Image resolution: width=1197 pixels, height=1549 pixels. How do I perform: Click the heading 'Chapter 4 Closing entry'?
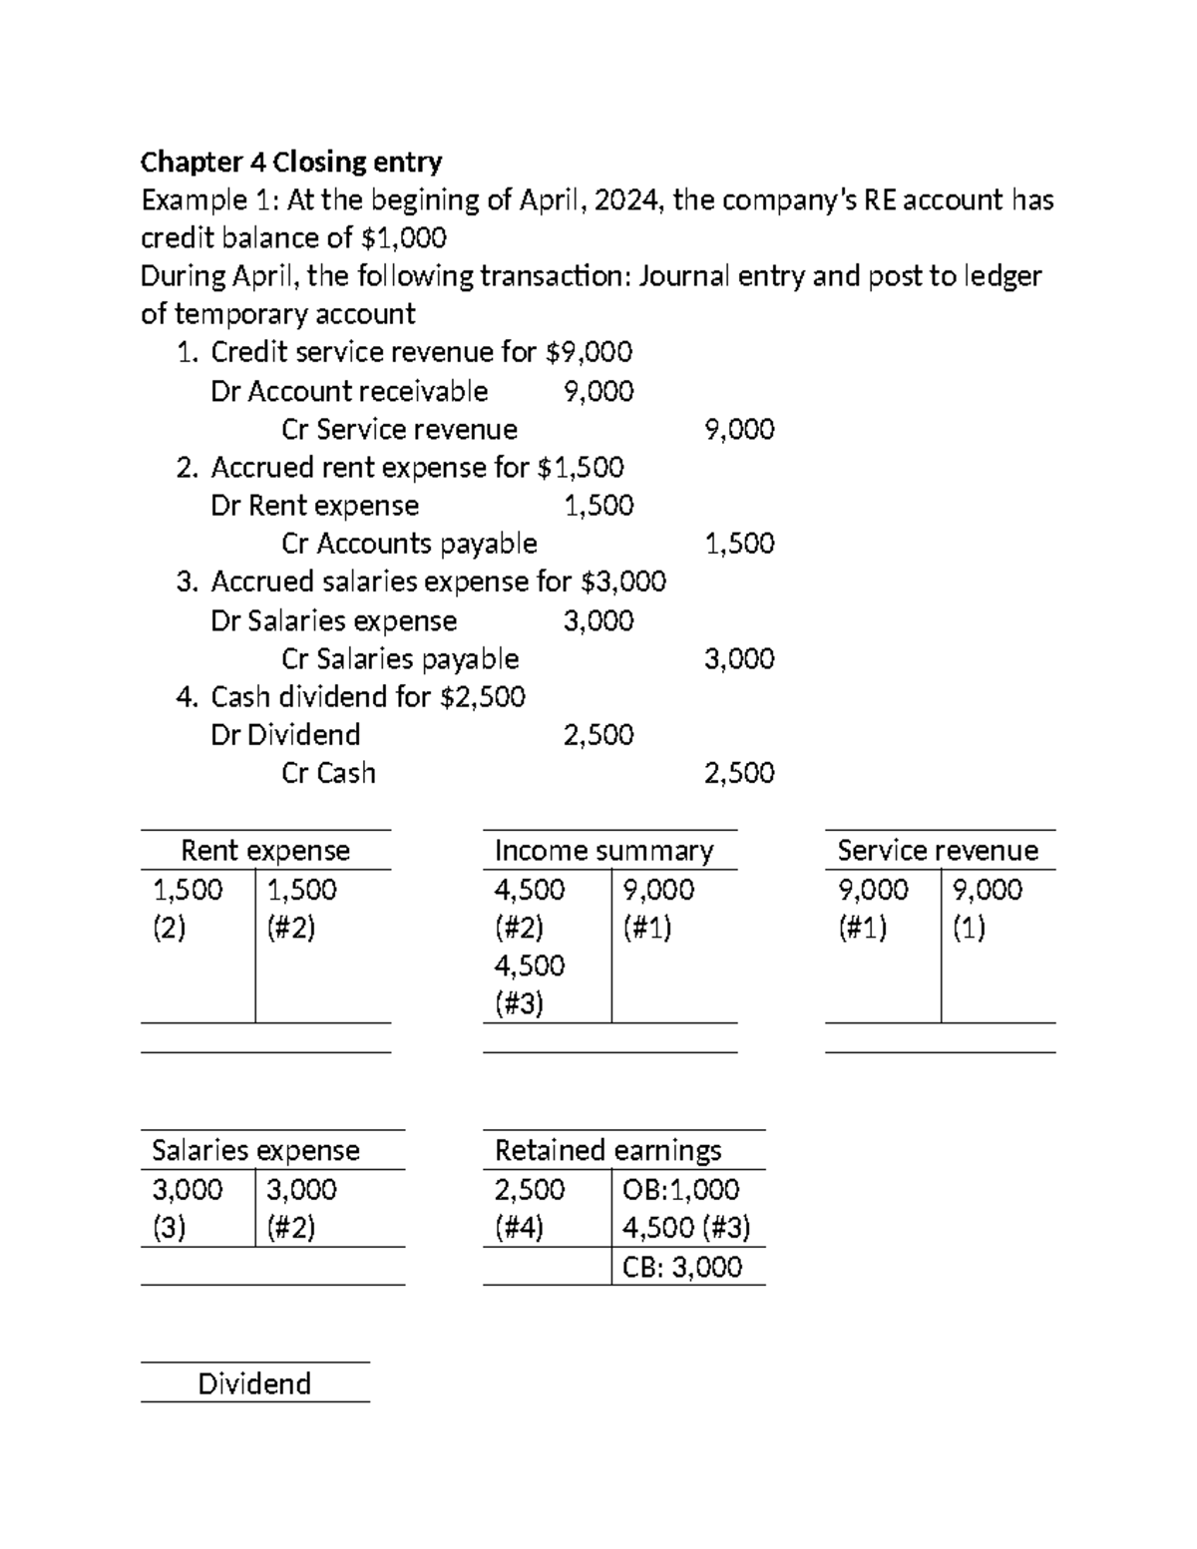(x=291, y=162)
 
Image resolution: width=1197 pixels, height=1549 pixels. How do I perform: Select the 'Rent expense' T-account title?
(x=265, y=851)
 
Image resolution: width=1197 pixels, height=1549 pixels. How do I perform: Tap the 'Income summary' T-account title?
(x=603, y=851)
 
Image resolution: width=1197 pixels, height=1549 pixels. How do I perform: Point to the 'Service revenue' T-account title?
(x=938, y=851)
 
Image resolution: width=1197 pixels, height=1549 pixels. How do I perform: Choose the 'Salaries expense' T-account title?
(x=255, y=1150)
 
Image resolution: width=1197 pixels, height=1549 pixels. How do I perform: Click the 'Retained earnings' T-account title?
(x=607, y=1150)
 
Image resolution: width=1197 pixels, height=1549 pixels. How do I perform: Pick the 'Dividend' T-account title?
(x=254, y=1383)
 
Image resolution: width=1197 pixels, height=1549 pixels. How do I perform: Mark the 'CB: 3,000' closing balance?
(x=682, y=1267)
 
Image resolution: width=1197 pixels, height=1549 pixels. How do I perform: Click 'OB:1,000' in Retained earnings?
(x=681, y=1189)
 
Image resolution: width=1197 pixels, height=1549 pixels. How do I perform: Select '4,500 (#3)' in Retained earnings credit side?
(x=686, y=1227)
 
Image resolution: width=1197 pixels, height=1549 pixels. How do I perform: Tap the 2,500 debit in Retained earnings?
(x=530, y=1189)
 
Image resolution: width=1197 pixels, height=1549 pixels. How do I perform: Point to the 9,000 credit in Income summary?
(x=658, y=889)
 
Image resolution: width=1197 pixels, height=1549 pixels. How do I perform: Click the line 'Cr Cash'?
(x=328, y=773)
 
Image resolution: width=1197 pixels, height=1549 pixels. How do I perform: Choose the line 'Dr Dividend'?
(x=285, y=735)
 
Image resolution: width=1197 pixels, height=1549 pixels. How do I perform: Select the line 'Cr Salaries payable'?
(x=400, y=659)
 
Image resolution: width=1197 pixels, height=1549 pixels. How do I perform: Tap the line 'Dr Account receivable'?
(x=349, y=391)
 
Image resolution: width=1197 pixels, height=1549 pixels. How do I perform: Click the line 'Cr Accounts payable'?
(x=409, y=544)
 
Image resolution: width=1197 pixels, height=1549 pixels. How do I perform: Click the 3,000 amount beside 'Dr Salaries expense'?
(x=598, y=621)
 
